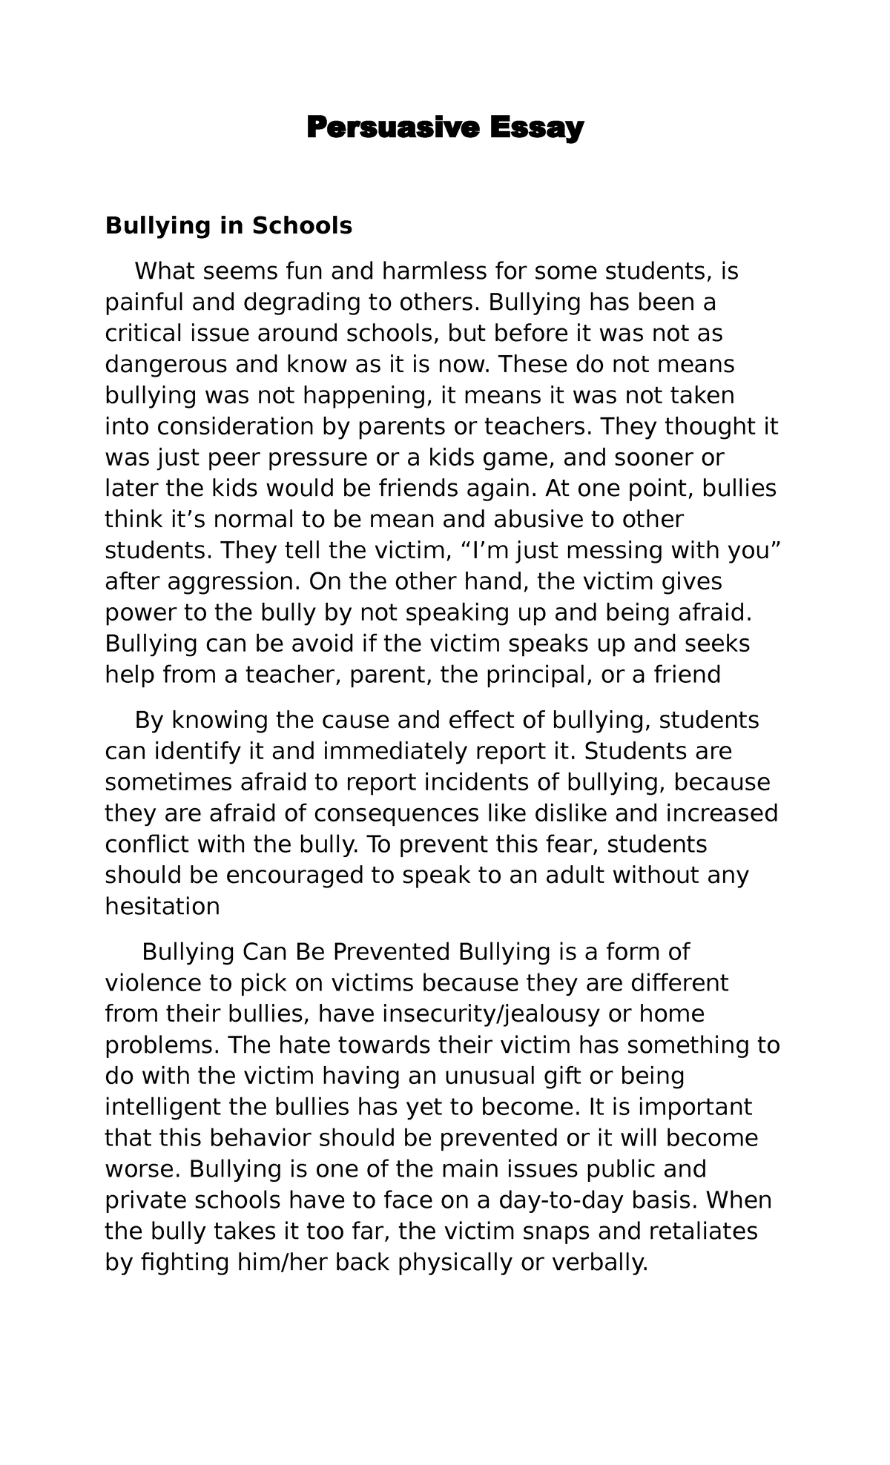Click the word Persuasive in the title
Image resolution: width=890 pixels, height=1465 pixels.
pos(392,128)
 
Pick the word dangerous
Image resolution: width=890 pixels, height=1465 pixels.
pos(166,365)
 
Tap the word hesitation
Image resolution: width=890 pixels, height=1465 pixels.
pos(162,907)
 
